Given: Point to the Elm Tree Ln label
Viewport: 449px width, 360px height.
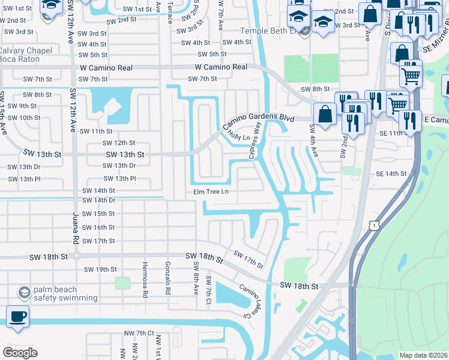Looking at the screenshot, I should pyautogui.click(x=211, y=192).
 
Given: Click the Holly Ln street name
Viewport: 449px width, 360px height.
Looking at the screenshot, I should pyautogui.click(x=239, y=138).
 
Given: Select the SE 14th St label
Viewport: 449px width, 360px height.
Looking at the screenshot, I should pyautogui.click(x=391, y=173).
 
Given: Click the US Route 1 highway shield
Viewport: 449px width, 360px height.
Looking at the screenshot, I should pyautogui.click(x=373, y=224).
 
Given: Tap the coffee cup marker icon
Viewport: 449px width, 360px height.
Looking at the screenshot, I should pyautogui.click(x=17, y=316).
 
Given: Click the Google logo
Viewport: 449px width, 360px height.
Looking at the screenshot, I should pyautogui.click(x=20, y=353).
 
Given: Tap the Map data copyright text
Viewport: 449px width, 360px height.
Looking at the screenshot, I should pyautogui.click(x=423, y=355).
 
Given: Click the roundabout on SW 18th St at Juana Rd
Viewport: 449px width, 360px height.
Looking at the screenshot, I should pyautogui.click(x=76, y=256).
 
